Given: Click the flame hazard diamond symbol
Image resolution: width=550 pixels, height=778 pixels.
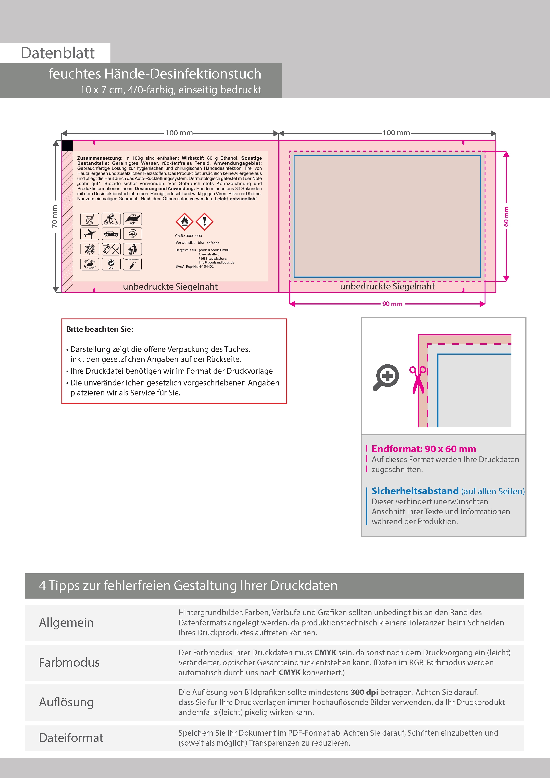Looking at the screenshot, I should pyautogui.click(x=184, y=222).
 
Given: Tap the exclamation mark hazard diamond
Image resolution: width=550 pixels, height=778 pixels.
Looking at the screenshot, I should pyautogui.click(x=204, y=222).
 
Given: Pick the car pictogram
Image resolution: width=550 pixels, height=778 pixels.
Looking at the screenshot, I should pyautogui.click(x=111, y=234).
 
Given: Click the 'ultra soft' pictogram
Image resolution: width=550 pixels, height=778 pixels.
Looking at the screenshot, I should pyautogui.click(x=132, y=219).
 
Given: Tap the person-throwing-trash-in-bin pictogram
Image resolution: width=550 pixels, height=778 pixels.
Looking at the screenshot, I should pyautogui.click(x=132, y=249).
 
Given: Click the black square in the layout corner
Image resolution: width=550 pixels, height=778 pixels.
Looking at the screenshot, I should pyautogui.click(x=67, y=146).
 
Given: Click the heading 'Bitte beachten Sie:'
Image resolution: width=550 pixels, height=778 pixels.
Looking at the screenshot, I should pyautogui.click(x=100, y=329).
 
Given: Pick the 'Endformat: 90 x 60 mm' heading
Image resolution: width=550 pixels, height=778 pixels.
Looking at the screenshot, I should pyautogui.click(x=424, y=449).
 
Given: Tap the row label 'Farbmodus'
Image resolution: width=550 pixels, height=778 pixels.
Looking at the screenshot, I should pyautogui.click(x=69, y=662).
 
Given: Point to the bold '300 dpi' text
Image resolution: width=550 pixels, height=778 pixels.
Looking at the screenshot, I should pyautogui.click(x=364, y=692).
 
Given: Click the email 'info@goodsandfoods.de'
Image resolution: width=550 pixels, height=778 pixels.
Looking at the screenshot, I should pyautogui.click(x=216, y=262).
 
